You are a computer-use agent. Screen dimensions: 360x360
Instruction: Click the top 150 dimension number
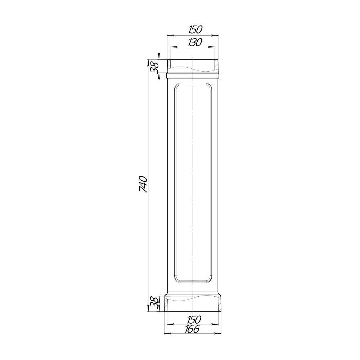195,30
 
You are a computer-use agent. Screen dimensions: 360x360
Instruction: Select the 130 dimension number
195,42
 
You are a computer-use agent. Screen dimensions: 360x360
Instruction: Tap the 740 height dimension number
143,184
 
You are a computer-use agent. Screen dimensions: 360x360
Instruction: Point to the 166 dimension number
192,329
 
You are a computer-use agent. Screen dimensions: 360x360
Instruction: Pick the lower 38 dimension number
154,303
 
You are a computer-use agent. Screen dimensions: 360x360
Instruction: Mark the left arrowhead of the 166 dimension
168,333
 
